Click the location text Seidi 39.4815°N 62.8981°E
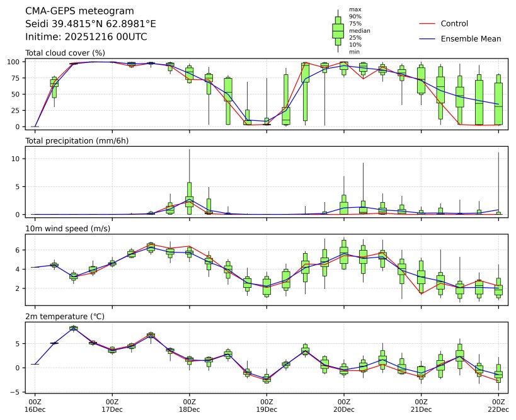coord(91,24)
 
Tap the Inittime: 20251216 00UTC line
coord(86,37)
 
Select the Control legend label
coord(454,24)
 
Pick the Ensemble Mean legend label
coord(471,39)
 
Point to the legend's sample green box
coord(338,30)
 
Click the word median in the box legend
coord(360,31)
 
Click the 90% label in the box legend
coord(355,17)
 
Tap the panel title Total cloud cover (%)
coord(65,53)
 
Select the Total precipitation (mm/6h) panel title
coord(77,140)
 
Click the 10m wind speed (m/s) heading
coord(67,228)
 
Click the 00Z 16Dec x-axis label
coord(35,405)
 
